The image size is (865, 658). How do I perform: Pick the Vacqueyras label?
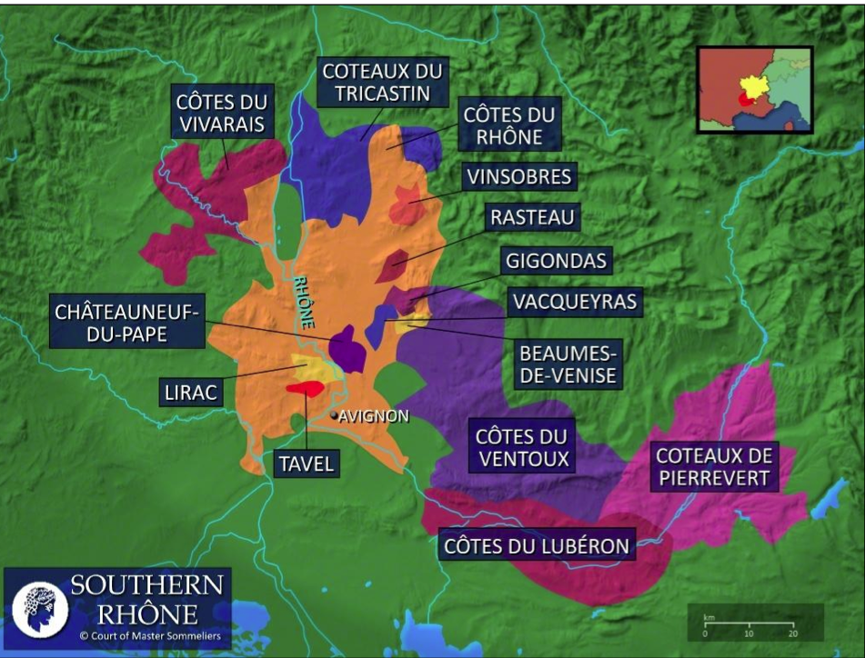point(573,301)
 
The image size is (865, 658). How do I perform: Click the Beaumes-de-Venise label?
point(568,362)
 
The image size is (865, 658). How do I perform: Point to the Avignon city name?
point(374,416)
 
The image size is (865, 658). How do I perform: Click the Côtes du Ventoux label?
point(521,447)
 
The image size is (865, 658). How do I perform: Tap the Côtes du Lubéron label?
point(537,546)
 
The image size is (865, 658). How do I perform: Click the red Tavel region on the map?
point(304,389)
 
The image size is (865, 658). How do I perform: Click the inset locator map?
point(753,90)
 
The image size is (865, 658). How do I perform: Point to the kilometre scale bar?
point(749,623)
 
